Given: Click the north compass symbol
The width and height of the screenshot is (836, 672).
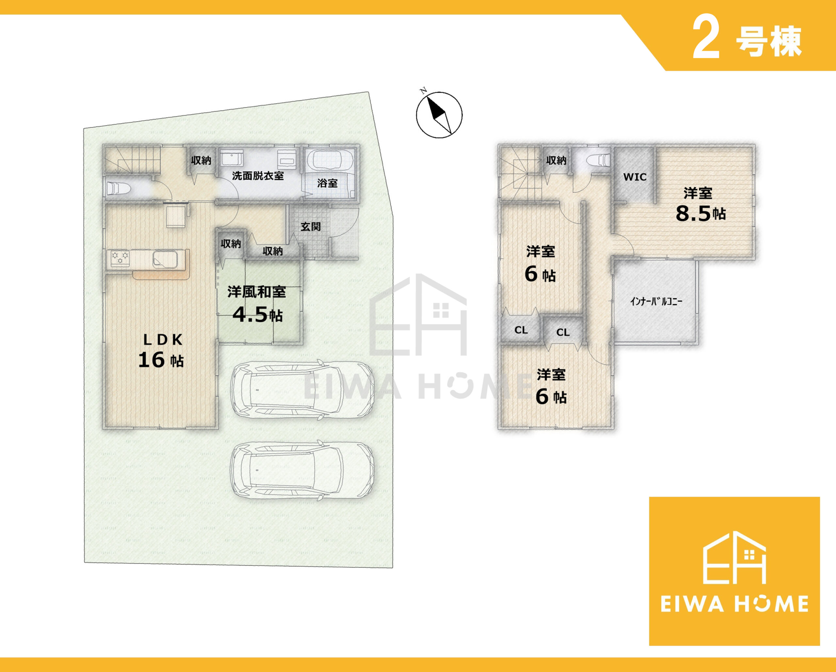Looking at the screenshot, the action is pos(439,114).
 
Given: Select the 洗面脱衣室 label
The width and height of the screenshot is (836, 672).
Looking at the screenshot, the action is pos(258,176).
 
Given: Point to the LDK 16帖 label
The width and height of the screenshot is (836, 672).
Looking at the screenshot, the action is pos(161,351).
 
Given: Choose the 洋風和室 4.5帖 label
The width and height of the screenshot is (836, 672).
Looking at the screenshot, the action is pos(257,304).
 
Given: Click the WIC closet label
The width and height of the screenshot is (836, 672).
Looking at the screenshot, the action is pos(635,177).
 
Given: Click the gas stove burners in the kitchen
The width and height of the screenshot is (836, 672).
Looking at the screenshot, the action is pos(120,257).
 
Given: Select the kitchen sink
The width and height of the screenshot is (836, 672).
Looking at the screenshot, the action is pos(166,258).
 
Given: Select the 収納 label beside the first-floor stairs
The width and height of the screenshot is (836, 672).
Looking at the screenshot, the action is pos(201,160).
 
